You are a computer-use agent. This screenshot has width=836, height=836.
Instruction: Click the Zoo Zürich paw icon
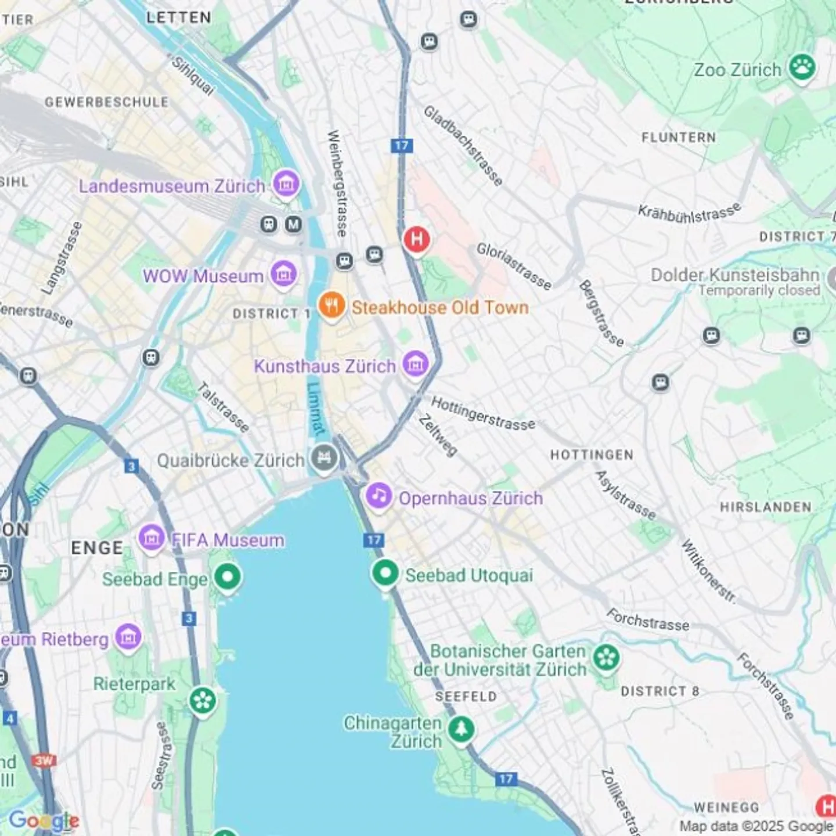click(802, 67)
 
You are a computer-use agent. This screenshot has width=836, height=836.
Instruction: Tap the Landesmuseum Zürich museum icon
click(286, 183)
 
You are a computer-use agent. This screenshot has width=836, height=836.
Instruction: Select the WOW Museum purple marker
click(283, 273)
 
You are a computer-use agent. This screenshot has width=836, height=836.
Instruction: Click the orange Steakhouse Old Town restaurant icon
click(331, 305)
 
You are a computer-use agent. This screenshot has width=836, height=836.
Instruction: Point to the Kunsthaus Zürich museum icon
click(415, 365)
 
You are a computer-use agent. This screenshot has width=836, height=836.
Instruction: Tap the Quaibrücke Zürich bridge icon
click(324, 458)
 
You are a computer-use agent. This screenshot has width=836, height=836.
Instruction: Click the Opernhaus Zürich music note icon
click(379, 496)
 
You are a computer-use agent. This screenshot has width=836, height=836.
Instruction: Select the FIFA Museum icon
click(152, 538)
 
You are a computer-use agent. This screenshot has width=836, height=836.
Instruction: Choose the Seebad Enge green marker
click(227, 577)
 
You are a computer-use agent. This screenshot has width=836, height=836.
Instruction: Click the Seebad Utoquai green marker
click(385, 573)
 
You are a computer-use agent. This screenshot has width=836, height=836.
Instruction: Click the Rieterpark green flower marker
click(203, 700)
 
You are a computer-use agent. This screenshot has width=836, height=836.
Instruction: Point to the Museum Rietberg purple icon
click(128, 637)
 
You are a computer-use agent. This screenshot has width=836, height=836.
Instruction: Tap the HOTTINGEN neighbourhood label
click(591, 455)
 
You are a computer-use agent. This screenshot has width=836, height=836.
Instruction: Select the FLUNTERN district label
click(678, 138)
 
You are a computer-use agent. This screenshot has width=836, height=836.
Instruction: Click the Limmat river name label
click(315, 409)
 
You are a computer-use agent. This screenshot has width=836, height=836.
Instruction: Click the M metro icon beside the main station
click(293, 224)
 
